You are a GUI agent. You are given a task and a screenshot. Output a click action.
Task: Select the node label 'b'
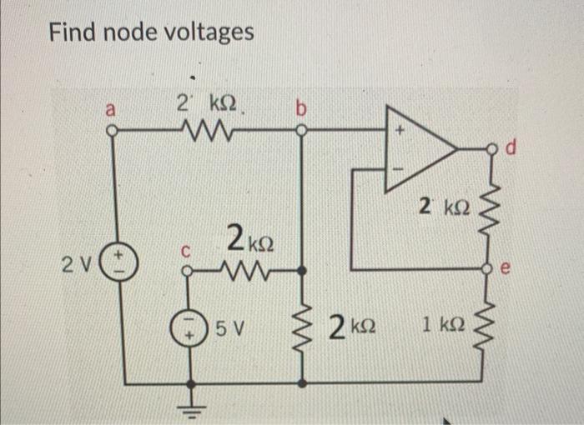pyautogui.click(x=300, y=109)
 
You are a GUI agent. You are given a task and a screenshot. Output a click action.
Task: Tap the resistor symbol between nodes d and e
pyautogui.click(x=490, y=208)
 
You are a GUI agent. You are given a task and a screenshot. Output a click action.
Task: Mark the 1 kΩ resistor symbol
pyautogui.click(x=490, y=327)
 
